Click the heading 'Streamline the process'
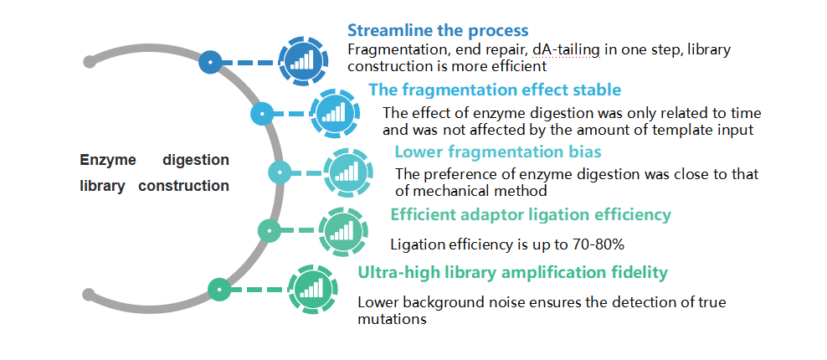[438, 30]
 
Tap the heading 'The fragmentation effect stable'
[495, 90]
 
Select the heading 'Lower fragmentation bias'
[498, 152]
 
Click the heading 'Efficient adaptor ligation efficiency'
[531, 215]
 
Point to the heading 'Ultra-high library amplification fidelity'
[512, 273]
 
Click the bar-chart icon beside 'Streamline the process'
[303, 61]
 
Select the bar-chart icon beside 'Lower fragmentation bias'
[348, 172]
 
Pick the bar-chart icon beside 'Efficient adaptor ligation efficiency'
[343, 231]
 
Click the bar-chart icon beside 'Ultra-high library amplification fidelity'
[313, 290]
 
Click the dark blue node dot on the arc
[210, 62]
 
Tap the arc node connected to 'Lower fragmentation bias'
[280, 172]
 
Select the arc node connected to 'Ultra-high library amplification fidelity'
[218, 290]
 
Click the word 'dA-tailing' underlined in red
[566, 50]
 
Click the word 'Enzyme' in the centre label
[108, 160]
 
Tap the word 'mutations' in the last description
[392, 319]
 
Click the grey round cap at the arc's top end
[90, 62]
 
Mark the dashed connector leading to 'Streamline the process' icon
[250, 62]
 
